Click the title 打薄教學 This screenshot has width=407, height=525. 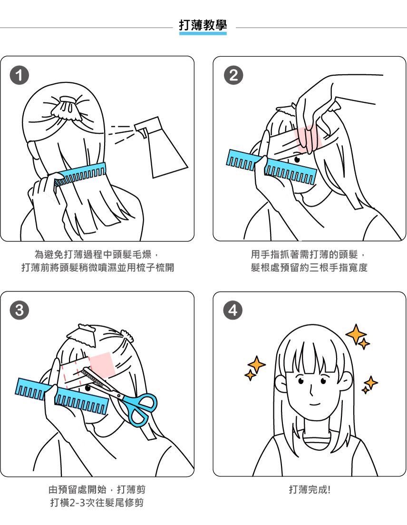click(203, 25)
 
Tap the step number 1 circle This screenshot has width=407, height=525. click(19, 75)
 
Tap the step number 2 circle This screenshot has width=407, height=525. click(233, 75)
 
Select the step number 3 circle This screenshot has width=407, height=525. click(19, 310)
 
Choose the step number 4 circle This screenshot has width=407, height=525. click(233, 310)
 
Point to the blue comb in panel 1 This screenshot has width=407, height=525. click(80, 174)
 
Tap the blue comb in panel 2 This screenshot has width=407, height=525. click(271, 167)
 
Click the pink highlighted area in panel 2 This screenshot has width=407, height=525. click(308, 139)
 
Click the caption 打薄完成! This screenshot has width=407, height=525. click(310, 489)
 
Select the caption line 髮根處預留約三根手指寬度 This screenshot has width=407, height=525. click(309, 267)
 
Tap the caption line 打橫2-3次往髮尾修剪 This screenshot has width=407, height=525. click(97, 503)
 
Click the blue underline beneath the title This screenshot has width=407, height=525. click(203, 33)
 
